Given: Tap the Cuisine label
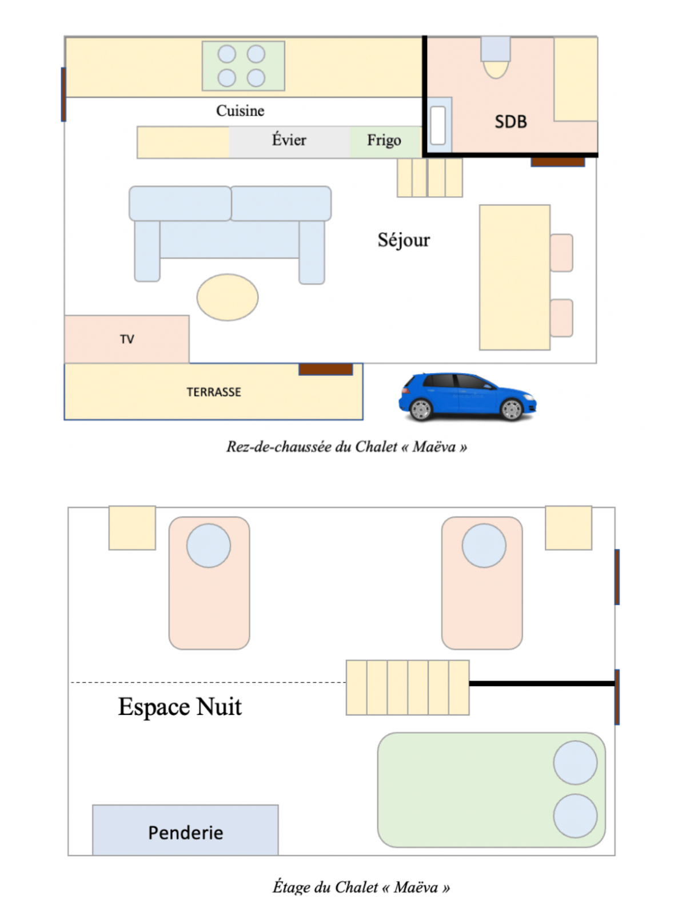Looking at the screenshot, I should click(x=240, y=110).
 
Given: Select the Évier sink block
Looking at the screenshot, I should click(x=289, y=141).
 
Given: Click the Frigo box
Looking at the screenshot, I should click(x=385, y=141).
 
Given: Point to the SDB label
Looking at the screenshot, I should click(x=510, y=122).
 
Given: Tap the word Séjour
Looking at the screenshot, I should click(x=404, y=240).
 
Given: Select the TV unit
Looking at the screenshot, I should click(x=126, y=339).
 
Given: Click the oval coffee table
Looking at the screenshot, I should click(x=228, y=297).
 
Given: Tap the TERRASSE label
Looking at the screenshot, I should click(x=213, y=392).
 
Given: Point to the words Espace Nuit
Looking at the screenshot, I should click(x=180, y=707).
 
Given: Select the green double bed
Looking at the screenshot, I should click(x=490, y=789).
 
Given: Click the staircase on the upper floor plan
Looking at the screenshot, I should click(x=408, y=688).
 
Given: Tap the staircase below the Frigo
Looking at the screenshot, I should click(x=430, y=178).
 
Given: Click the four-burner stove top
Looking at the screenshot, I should click(x=243, y=66).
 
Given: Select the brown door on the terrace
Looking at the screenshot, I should click(x=325, y=369).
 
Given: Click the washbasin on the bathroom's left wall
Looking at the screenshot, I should click(x=438, y=125).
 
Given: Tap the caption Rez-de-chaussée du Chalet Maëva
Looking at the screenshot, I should click(x=346, y=447).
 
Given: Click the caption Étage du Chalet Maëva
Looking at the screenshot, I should click(x=361, y=887).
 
